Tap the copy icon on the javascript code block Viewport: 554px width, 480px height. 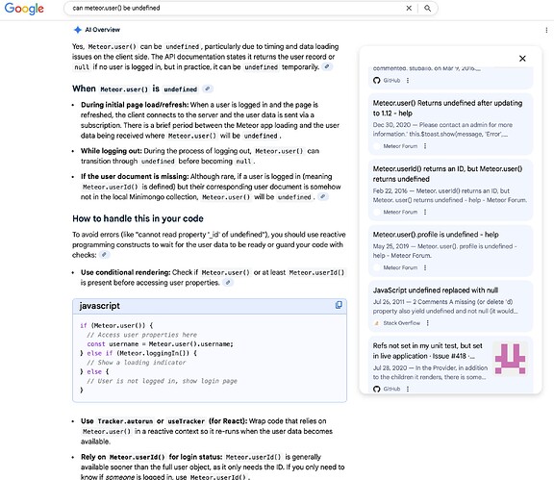339,305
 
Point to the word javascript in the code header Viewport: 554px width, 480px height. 99,305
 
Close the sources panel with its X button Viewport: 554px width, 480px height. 522,59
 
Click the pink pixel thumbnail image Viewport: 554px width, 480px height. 509,358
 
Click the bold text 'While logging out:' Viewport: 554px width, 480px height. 116,150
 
